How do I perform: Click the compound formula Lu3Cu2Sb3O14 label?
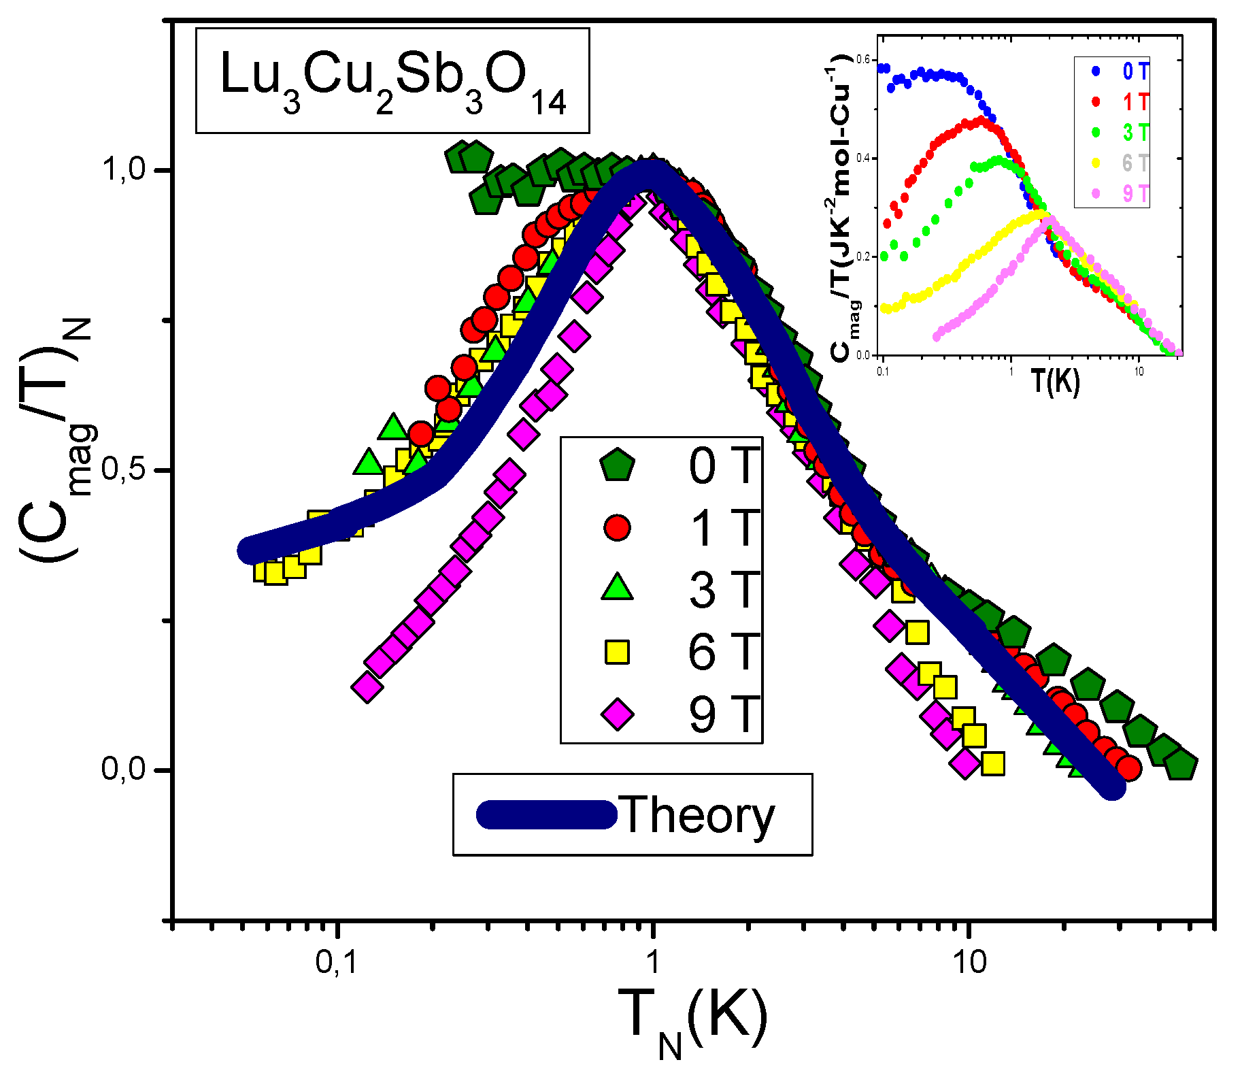pos(392,81)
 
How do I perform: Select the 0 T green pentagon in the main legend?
pos(617,466)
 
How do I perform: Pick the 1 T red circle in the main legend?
pos(617,527)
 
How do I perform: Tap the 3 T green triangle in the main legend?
pos(617,588)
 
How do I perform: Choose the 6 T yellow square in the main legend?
pos(617,651)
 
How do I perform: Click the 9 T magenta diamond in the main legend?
pos(617,714)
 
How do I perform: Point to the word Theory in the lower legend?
pos(698,814)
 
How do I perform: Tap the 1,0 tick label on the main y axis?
pos(124,169)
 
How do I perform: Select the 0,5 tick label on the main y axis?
pos(124,469)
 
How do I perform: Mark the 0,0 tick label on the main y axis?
pos(124,769)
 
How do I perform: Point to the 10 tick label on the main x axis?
pos(969,962)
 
